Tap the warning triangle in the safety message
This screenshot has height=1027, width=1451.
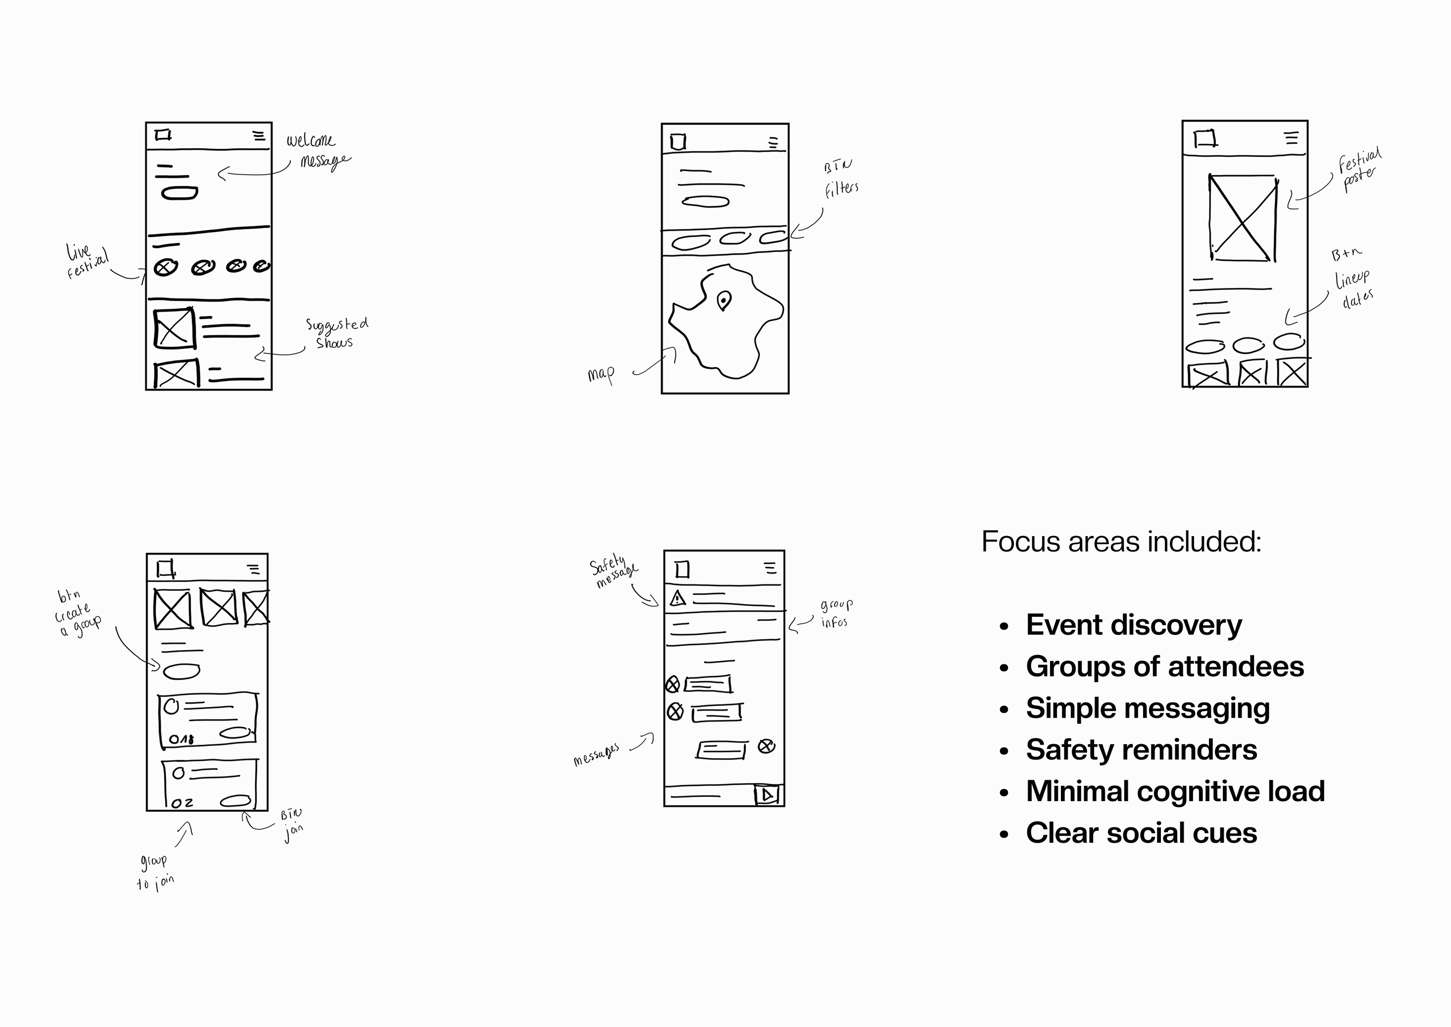677,598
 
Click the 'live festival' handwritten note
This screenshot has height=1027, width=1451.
87,260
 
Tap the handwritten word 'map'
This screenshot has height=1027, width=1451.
600,375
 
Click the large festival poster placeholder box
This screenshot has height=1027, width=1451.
1243,218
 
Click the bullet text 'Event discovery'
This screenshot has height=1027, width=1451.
1134,625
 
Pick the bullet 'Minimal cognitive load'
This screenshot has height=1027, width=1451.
1175,791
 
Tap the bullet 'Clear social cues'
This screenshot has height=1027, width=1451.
1141,833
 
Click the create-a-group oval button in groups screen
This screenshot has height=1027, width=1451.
181,671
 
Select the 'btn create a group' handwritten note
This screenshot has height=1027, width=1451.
77,613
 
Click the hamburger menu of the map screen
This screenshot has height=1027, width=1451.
773,143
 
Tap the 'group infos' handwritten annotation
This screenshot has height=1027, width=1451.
836,613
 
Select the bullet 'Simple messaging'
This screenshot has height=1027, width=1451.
1148,708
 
